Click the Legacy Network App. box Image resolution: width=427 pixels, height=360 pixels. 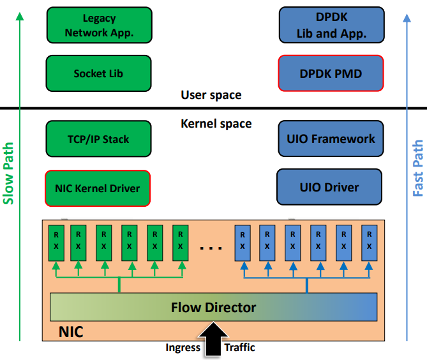click(x=99, y=25)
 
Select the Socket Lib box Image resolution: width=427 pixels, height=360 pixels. click(x=99, y=73)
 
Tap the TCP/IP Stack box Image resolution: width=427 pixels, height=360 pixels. click(x=99, y=139)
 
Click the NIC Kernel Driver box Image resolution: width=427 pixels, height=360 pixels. click(x=98, y=188)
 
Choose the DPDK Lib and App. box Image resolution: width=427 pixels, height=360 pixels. click(x=331, y=25)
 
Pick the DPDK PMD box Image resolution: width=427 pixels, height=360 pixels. click(x=331, y=73)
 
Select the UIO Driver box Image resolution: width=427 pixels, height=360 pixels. click(x=329, y=188)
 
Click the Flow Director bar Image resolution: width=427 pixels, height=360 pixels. click(x=213, y=308)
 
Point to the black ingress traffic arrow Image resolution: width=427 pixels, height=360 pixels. click(x=213, y=338)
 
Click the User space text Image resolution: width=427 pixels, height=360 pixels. click(x=211, y=95)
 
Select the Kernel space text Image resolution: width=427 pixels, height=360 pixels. click(x=216, y=123)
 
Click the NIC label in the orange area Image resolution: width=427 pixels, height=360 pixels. click(x=71, y=333)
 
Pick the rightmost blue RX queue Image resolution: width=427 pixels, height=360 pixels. click(x=369, y=242)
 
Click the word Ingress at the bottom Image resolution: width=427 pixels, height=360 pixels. click(x=183, y=348)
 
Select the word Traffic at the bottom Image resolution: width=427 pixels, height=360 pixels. click(x=239, y=348)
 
